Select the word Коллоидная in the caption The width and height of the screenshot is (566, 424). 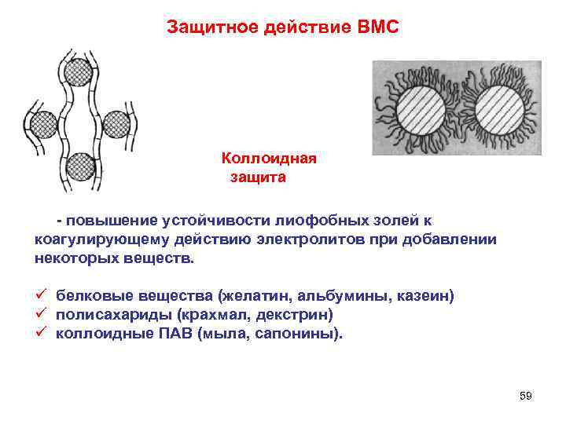pos(269,159)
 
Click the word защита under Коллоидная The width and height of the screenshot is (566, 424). pos(258,177)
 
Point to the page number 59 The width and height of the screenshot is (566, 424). pos(526,396)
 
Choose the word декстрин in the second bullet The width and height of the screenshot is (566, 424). pos(298,314)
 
